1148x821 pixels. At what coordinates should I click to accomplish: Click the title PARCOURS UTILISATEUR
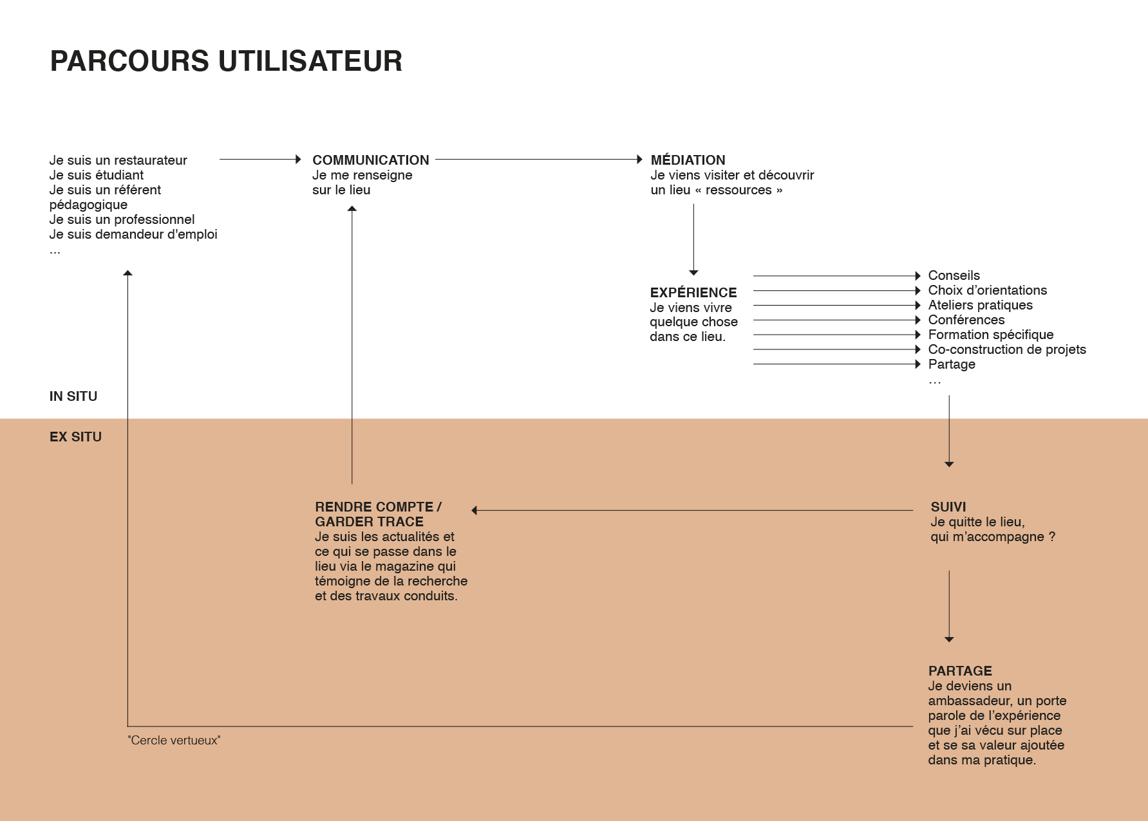226,61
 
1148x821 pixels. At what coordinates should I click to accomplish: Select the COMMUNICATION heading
371,160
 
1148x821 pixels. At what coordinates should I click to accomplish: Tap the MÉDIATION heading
688,160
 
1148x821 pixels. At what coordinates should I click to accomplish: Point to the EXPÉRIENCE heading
693,292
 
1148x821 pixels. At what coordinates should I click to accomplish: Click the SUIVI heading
948,507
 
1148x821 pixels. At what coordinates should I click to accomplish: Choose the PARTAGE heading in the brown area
960,671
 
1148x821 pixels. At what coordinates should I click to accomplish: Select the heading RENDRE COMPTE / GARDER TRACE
378,514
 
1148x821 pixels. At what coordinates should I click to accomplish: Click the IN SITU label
73,396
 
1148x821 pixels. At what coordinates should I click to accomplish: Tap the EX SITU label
75,437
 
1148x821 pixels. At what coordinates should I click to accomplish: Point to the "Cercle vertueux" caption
174,741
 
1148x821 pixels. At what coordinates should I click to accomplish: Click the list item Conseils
954,275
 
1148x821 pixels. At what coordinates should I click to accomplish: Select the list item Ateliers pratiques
980,305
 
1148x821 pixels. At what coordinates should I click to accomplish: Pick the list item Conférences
966,320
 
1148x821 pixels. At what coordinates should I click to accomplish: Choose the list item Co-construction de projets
1007,349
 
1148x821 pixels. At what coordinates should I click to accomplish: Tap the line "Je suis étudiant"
97,175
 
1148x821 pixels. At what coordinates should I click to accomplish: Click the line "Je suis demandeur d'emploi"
133,234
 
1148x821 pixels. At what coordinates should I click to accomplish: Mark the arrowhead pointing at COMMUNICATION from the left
298,159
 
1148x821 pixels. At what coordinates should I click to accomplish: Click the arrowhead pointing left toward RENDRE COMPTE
475,510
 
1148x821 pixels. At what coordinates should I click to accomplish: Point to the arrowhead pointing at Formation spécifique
917,335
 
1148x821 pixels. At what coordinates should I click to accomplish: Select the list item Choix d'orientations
987,290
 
